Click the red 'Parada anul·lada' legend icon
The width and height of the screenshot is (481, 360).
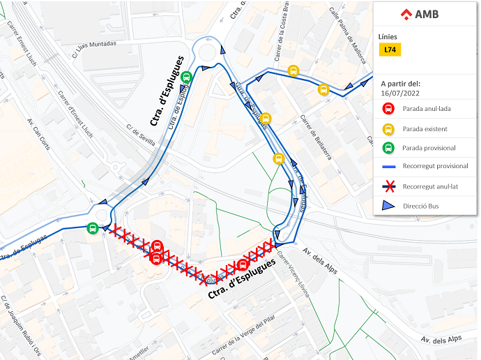pos(388,109)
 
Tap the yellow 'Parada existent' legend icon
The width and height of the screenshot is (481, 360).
pos(388,128)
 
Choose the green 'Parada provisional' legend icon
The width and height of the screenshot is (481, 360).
pos(388,147)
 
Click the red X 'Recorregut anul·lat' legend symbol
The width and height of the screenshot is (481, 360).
pos(389,186)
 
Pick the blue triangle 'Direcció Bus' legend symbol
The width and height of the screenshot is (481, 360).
pos(389,205)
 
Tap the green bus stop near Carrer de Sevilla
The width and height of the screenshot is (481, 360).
pos(186,77)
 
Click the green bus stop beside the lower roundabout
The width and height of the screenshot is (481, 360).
pos(93,227)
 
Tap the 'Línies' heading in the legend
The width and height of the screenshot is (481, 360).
pos(389,36)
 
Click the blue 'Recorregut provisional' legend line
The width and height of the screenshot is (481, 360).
pos(389,166)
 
